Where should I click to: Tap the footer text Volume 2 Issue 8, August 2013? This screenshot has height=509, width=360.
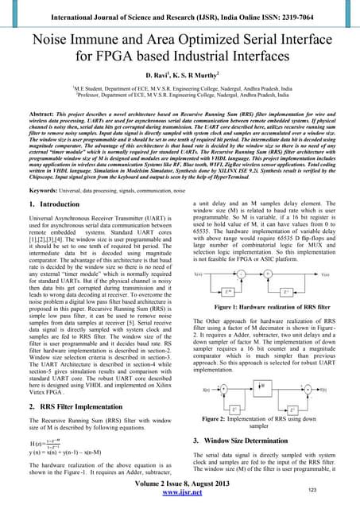tap(180, 491)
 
